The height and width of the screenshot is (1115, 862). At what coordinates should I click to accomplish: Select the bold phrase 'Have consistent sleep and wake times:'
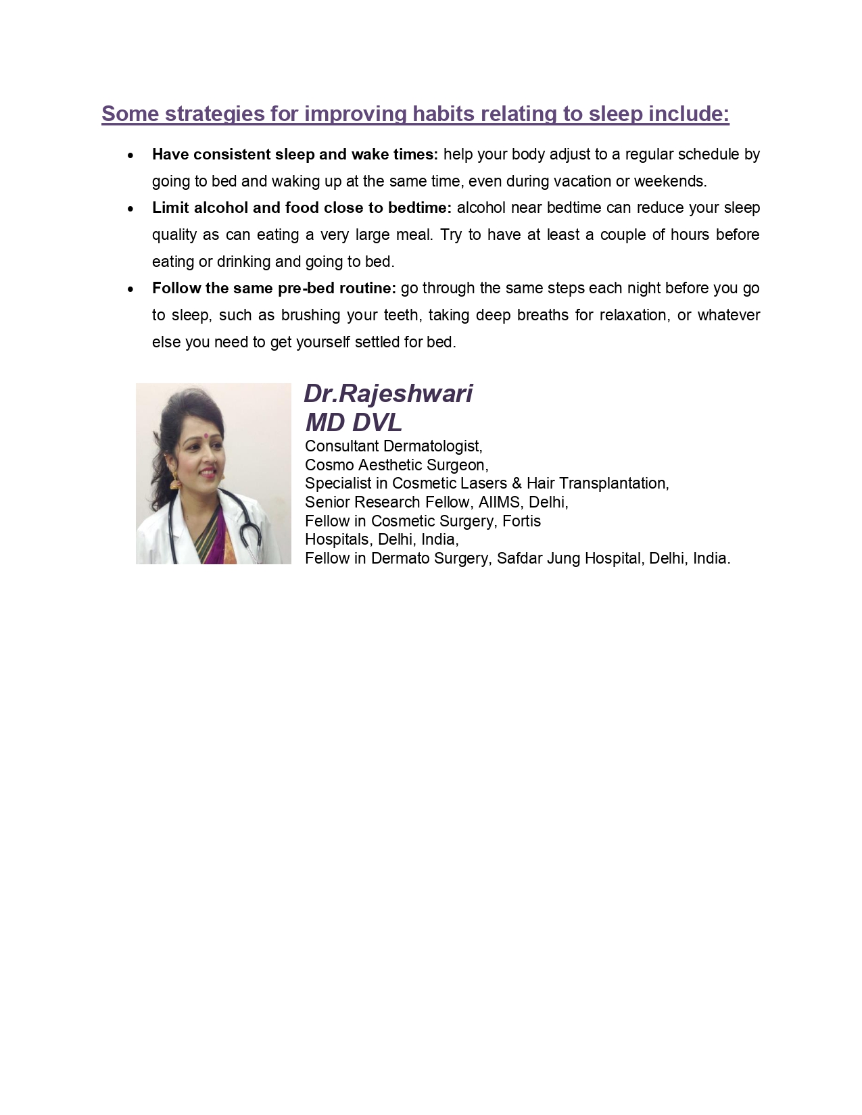295,155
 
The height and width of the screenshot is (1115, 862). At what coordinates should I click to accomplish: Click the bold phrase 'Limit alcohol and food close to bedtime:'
302,208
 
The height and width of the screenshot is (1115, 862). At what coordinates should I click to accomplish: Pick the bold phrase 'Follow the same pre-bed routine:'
274,289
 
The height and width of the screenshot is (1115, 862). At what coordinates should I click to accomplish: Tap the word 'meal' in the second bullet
415,235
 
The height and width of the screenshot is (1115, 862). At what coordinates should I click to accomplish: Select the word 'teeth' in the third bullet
401,316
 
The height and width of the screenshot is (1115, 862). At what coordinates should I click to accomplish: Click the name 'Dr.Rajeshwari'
388,394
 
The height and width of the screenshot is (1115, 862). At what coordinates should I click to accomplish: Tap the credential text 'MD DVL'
354,423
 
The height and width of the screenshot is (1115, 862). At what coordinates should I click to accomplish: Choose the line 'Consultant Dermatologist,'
393,447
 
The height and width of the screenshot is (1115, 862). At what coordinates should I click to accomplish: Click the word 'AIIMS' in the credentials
499,503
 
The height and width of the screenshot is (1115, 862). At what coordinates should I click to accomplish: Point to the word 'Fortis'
521,522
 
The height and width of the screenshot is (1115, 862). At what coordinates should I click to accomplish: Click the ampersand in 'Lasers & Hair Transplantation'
517,484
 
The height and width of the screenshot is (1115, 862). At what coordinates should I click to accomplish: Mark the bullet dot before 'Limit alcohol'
130,209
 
